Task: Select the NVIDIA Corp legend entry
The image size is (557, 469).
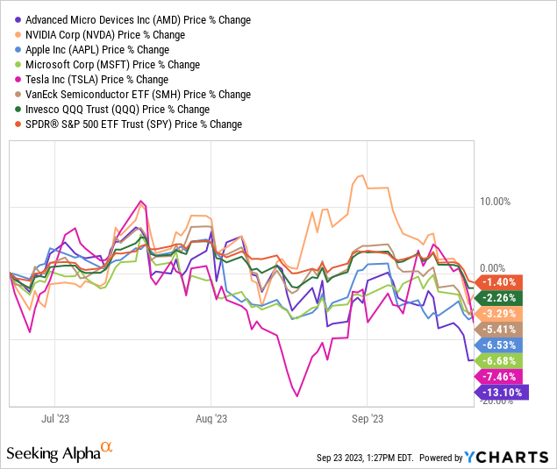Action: pos(105,35)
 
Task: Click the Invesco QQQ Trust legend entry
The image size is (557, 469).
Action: pos(118,110)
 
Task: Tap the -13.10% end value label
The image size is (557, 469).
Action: pos(505,393)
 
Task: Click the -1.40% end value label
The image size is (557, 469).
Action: pos(501,281)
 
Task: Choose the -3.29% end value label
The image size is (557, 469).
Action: pos(501,313)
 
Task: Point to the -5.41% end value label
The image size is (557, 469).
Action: pos(501,329)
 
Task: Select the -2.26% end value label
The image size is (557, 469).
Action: pos(501,297)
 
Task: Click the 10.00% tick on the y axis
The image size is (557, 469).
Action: pos(497,202)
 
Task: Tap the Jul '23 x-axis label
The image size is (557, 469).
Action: pos(55,418)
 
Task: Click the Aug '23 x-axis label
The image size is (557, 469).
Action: pos(211,418)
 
